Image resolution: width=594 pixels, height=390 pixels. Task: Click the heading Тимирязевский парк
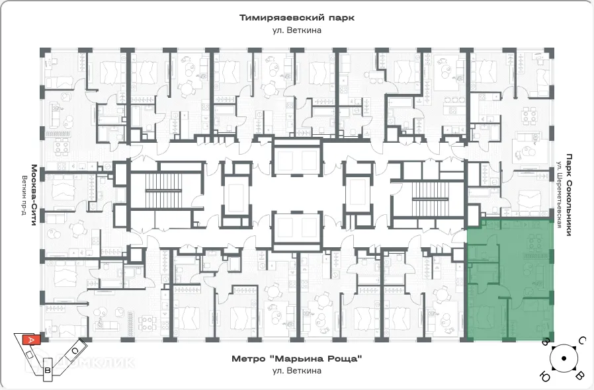point(296,18)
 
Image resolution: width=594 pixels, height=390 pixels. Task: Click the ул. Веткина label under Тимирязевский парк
point(296,30)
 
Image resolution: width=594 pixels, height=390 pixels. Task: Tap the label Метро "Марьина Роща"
point(296,359)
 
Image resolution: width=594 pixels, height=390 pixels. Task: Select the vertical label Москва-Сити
point(32,195)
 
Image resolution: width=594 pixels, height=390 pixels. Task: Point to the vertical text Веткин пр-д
point(23,195)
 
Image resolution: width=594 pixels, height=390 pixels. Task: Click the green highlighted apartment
point(509,281)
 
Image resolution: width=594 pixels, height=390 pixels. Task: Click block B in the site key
point(48,371)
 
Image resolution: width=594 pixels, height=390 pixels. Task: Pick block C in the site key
point(75,350)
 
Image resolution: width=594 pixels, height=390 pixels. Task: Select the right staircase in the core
point(430,192)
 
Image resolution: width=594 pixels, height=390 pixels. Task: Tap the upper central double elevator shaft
point(295,161)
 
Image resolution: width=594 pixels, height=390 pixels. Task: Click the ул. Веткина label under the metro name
point(296,371)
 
